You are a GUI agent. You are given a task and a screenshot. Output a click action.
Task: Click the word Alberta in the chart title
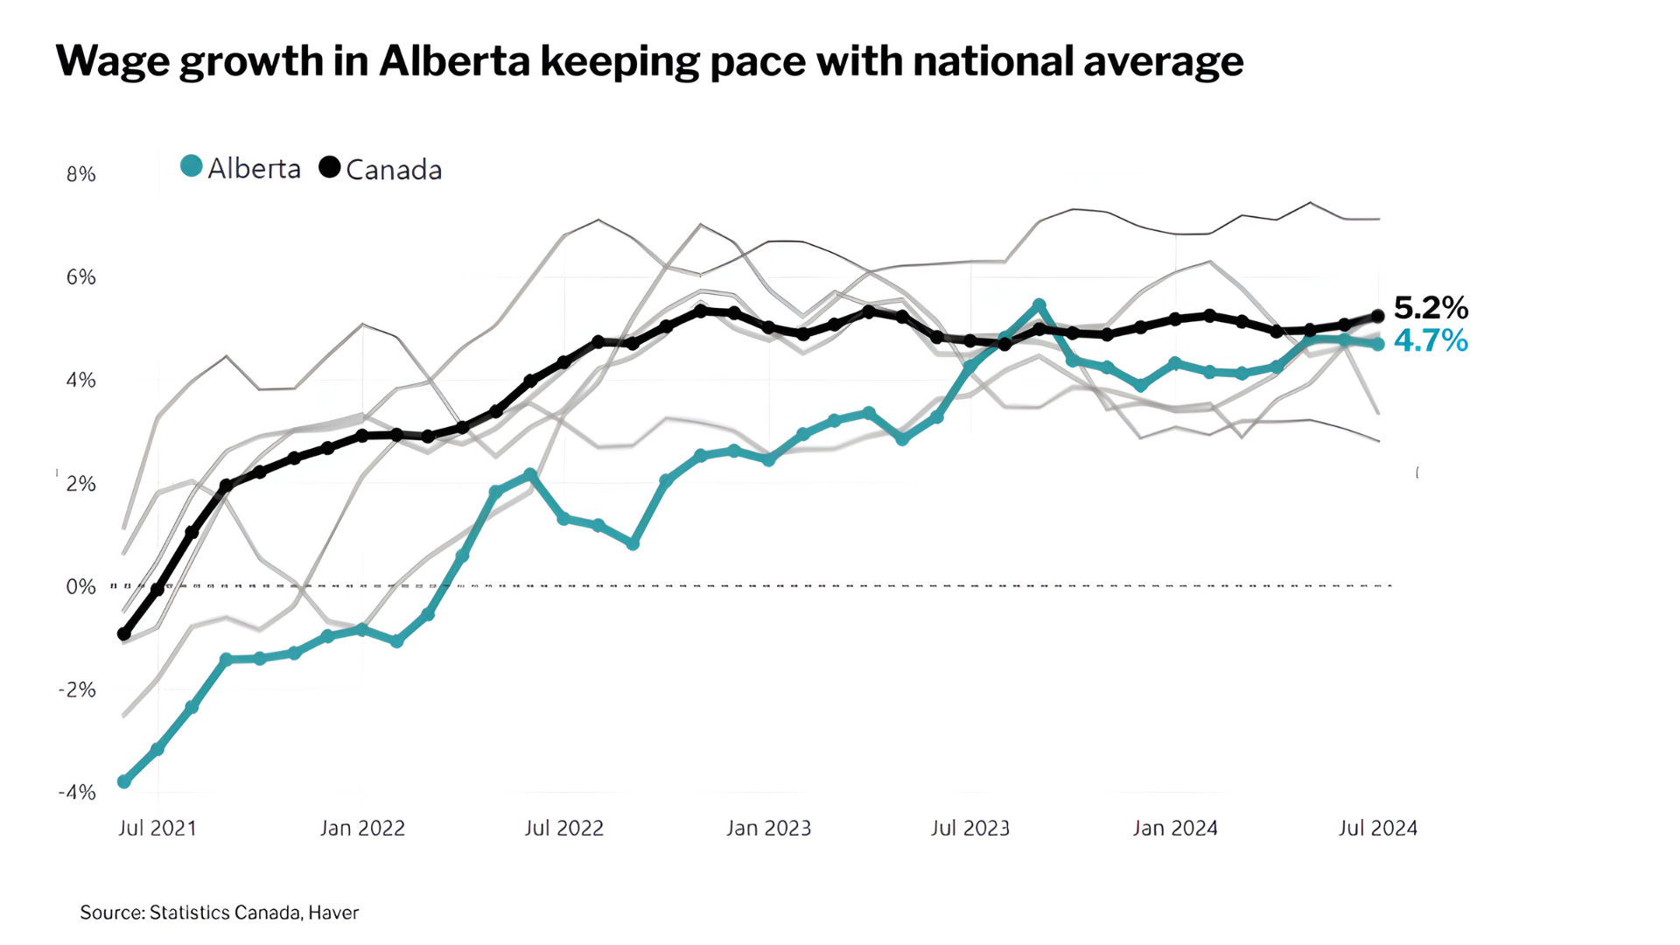point(454,61)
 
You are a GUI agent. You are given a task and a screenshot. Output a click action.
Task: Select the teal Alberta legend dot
point(191,165)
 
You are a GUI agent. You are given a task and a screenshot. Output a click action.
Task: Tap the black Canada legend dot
point(330,166)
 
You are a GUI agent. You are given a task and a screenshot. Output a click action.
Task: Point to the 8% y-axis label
point(80,174)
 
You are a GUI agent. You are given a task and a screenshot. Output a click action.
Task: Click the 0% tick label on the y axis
point(80,587)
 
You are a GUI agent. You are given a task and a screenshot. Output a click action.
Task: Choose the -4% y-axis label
point(77,793)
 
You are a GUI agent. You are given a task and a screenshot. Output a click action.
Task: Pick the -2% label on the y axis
point(77,690)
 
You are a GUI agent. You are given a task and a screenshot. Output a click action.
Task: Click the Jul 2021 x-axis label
point(157,829)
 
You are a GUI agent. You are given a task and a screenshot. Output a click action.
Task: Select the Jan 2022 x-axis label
point(362,829)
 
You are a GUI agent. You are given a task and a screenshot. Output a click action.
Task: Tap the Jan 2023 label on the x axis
point(768,829)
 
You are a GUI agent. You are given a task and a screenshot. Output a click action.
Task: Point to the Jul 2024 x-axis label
point(1377,829)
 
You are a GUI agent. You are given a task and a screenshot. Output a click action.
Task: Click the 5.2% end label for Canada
point(1431,308)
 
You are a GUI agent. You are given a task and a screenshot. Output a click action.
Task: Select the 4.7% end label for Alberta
point(1431,340)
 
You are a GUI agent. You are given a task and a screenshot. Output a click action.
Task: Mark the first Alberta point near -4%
point(124,781)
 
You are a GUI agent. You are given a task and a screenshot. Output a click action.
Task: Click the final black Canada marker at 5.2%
point(1378,316)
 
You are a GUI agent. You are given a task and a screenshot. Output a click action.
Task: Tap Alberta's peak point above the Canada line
point(1039,305)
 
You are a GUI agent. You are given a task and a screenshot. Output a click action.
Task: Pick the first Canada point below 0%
point(124,633)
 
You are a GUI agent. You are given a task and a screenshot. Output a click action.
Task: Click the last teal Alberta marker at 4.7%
point(1378,345)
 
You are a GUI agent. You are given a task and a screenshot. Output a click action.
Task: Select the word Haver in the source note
point(333,913)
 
